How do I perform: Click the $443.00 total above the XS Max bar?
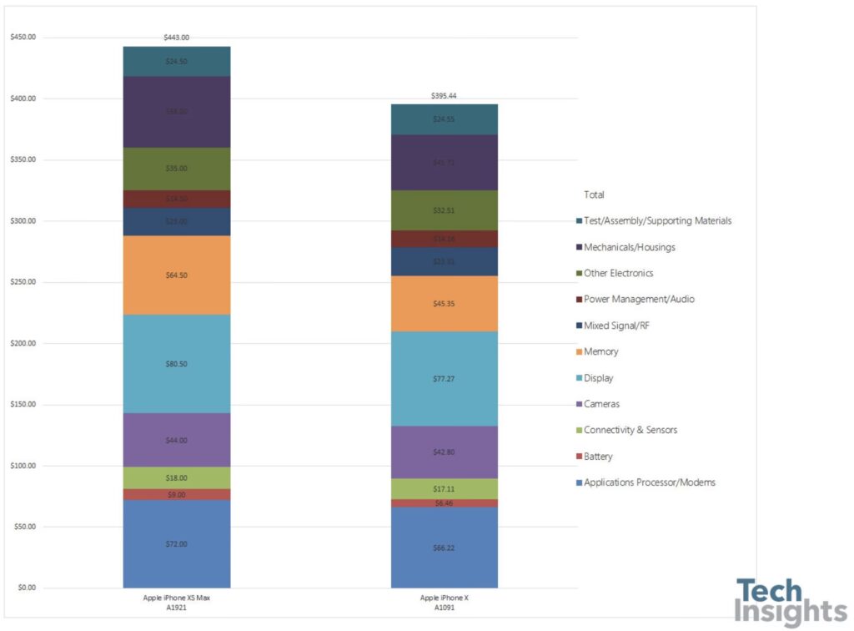point(177,38)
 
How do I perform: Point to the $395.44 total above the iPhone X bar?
point(444,96)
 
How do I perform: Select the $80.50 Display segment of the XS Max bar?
point(177,364)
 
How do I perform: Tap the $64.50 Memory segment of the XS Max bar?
point(177,275)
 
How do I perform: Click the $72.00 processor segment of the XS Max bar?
point(177,543)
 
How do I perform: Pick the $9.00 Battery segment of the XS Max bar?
point(177,494)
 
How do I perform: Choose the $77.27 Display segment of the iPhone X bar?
point(444,378)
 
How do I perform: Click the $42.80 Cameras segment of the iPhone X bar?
point(444,452)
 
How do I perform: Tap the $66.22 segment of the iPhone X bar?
point(444,548)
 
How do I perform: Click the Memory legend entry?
point(600,351)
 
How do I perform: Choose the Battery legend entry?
point(598,457)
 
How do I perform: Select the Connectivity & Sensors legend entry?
point(630,430)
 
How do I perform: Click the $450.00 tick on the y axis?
point(23,38)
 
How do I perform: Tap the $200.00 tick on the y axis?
point(23,343)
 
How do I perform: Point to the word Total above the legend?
point(594,194)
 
